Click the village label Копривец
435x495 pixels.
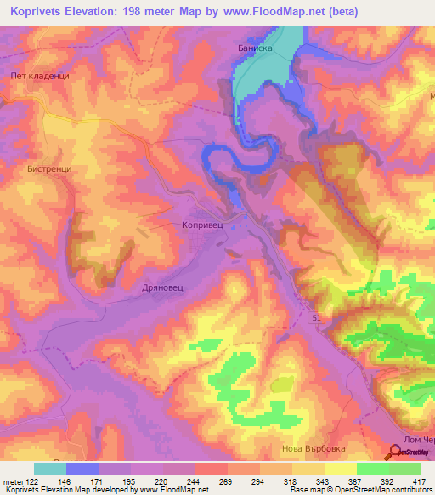201,226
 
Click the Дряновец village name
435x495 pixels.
162,288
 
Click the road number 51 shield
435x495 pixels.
316,317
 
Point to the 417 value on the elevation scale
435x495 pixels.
418,482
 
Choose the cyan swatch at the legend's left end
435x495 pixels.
50,469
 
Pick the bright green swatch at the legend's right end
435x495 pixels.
405,469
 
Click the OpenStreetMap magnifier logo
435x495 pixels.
397,451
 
